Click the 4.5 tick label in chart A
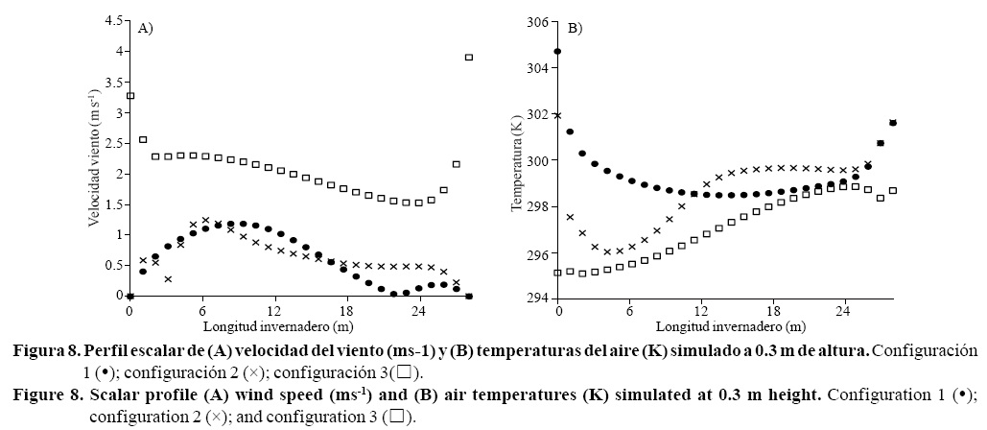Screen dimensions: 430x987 (x=113, y=20)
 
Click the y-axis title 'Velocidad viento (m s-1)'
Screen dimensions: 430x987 (x=93, y=158)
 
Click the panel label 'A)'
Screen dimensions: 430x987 (x=146, y=29)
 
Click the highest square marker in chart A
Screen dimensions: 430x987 (x=469, y=58)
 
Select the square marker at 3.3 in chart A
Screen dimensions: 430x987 (x=130, y=96)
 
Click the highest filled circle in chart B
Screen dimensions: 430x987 (x=557, y=51)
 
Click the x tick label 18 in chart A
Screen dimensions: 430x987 (x=347, y=312)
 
